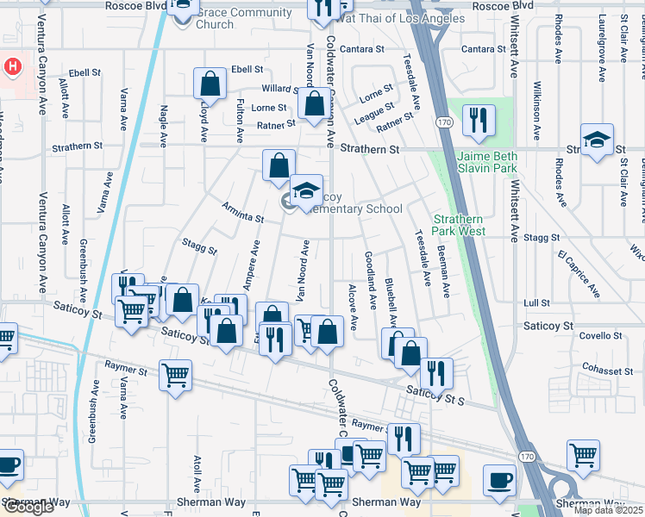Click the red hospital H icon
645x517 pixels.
tap(12, 65)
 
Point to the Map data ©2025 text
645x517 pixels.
tap(608, 510)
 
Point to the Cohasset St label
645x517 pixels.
tap(606, 371)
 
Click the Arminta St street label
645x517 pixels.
tap(241, 213)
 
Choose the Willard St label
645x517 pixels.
tap(280, 89)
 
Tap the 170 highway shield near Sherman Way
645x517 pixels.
tap(526, 454)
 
